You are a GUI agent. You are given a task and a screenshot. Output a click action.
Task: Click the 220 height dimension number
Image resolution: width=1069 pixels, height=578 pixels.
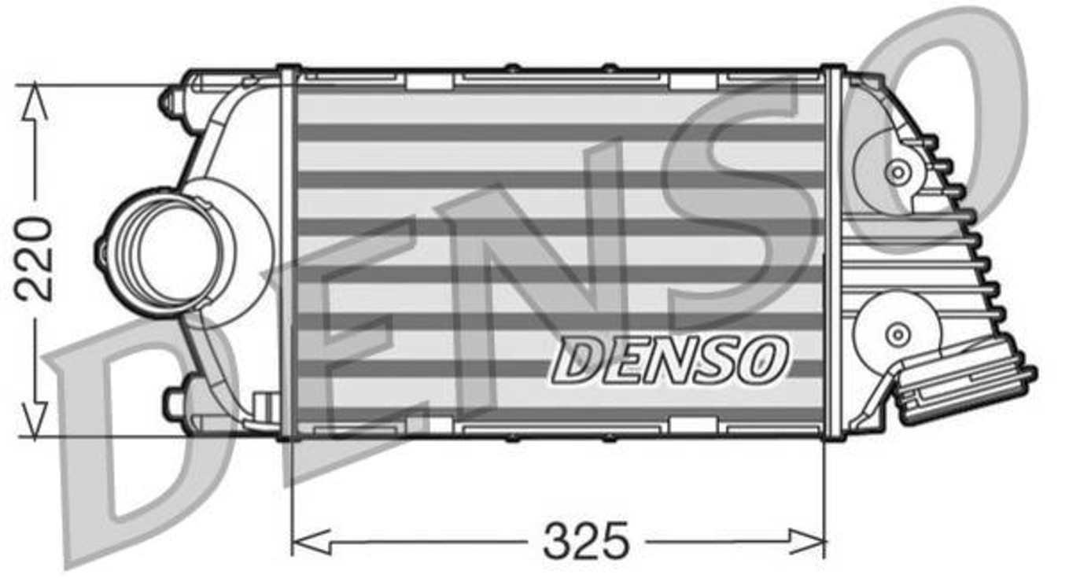pos(35,259)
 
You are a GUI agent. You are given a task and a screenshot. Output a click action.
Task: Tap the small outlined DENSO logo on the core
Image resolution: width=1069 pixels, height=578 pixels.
pos(669,359)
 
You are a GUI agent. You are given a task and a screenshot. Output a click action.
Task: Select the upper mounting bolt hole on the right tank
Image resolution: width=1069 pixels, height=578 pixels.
pos(896,172)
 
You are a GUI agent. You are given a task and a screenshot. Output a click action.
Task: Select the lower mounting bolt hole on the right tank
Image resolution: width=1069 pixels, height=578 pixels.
pos(896,334)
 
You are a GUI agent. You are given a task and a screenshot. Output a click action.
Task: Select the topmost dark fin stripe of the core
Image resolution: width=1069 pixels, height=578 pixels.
pos(558,132)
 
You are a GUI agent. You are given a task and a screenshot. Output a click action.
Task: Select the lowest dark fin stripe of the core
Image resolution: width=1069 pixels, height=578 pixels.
pos(558,414)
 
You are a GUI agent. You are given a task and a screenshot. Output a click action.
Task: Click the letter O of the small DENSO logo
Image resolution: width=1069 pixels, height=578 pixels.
pos(762,359)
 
